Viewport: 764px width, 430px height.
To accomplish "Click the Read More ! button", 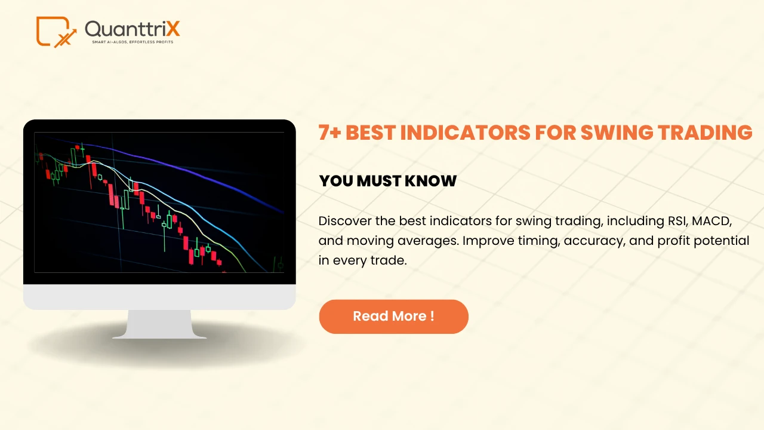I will point(393,317).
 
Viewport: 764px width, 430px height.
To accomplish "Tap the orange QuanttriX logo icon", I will point(56,32).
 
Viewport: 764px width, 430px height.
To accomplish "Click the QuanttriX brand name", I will point(132,29).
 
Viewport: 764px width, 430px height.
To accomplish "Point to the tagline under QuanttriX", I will point(132,42).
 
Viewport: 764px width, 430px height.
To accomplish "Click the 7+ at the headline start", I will point(329,133).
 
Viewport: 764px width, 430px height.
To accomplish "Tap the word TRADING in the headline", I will point(703,133).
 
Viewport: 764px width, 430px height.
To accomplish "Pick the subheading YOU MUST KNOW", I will point(388,181).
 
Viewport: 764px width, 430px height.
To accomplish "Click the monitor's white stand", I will point(159,325).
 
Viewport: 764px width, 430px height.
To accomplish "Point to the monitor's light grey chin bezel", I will point(159,297).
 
